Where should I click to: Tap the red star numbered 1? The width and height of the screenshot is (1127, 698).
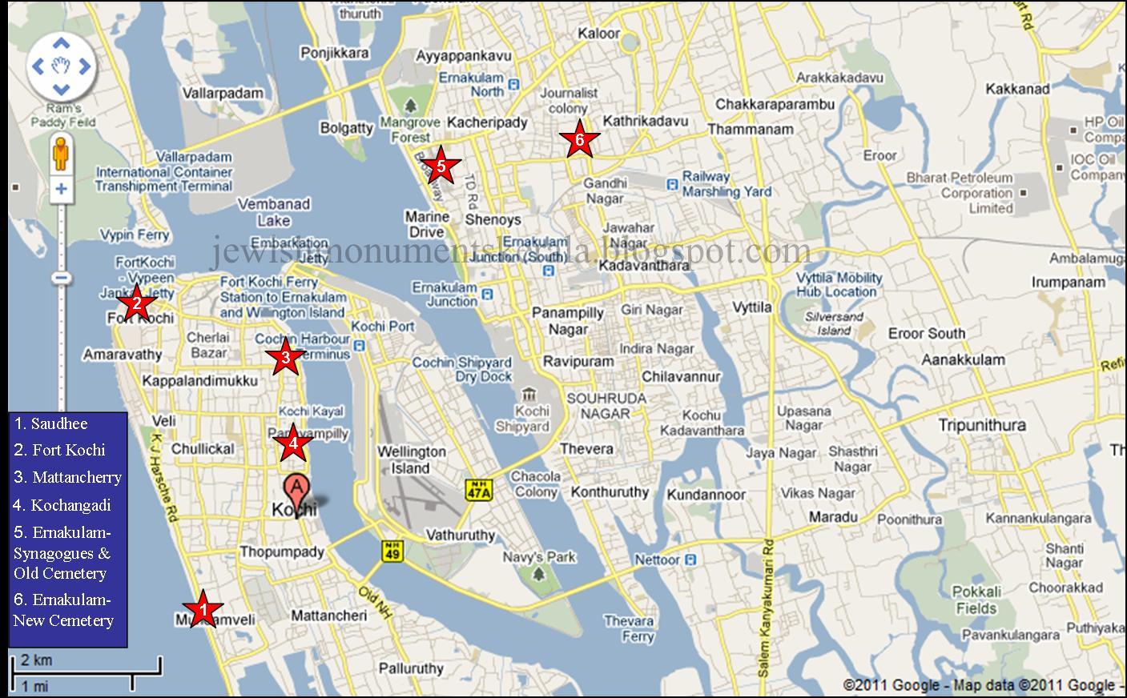coord(203,610)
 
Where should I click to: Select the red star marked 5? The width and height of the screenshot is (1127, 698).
coord(440,166)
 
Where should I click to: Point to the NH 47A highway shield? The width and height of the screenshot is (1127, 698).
coord(478,490)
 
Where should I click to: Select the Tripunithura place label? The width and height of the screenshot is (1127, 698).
coord(981,425)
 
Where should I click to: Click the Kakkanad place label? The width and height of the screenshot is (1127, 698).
coord(1017,89)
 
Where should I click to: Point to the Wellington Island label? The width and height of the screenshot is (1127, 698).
coord(411,460)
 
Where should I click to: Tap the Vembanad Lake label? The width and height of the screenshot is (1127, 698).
coord(274,212)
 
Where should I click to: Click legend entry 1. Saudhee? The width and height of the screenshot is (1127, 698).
coord(51,423)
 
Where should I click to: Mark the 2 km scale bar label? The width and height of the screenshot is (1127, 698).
coord(36,660)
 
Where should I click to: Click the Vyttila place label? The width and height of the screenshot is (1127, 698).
coord(752,307)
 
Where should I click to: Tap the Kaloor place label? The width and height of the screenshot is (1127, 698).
coord(598,34)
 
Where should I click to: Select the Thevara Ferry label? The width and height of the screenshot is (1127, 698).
coord(630,629)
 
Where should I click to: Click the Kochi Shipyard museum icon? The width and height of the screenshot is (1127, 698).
coord(528,395)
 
